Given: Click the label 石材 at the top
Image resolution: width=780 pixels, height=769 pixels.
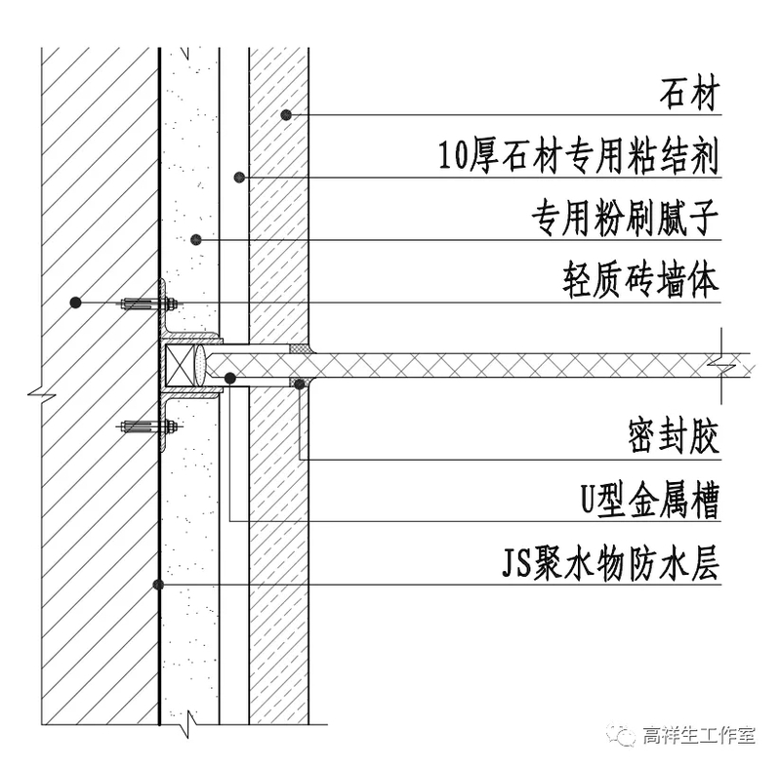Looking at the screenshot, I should point(689,97).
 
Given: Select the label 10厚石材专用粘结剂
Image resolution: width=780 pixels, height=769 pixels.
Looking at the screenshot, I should point(579,157).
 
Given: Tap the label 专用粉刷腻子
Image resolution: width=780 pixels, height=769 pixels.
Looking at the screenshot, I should point(625,220).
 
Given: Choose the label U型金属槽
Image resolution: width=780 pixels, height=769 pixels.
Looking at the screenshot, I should point(648,502).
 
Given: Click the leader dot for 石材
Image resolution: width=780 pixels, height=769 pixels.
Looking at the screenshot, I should point(287,115).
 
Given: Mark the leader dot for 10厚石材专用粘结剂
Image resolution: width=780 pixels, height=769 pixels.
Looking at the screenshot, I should point(240,178).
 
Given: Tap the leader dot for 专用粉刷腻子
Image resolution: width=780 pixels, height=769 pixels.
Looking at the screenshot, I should point(195,239).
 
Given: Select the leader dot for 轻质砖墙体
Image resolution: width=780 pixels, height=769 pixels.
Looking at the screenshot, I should point(75,303).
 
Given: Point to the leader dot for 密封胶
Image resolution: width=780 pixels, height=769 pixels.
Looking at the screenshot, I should point(300,384).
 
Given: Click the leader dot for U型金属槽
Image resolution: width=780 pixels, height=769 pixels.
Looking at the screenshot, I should point(229,378).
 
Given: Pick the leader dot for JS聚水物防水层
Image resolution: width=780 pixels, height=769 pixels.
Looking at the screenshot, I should point(158,585).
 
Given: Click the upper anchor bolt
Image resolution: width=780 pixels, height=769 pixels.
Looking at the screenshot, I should point(146,304).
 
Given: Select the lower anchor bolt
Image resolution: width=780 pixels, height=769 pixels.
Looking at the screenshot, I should point(146,425).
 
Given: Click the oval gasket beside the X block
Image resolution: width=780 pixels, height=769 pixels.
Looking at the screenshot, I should point(199,365).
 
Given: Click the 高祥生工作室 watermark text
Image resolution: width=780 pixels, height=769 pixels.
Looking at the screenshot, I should point(699,735).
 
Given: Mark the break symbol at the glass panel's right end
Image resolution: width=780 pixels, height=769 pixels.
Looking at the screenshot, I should point(721,365).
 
